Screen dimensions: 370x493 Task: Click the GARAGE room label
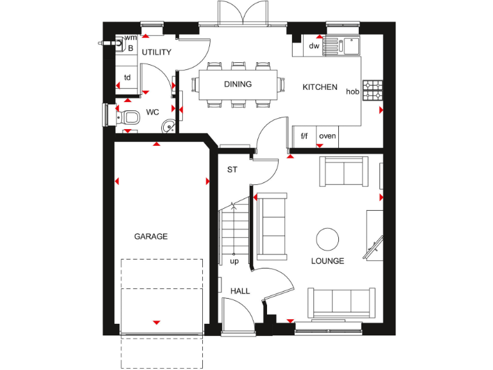pyautogui.click(x=151, y=236)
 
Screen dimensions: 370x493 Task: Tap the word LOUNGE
pyautogui.click(x=327, y=261)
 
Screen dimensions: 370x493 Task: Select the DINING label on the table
pyautogui.click(x=238, y=84)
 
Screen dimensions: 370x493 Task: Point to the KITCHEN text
pyautogui.click(x=320, y=87)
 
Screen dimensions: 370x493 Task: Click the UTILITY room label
pyautogui.click(x=157, y=52)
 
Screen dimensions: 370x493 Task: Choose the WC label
pyautogui.click(x=152, y=112)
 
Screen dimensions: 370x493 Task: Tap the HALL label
pyautogui.click(x=240, y=291)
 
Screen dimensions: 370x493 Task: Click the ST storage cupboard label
pyautogui.click(x=232, y=170)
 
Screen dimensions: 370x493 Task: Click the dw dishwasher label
pyautogui.click(x=314, y=46)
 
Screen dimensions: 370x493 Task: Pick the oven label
pyautogui.click(x=327, y=136)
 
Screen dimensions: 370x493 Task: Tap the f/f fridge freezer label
pyautogui.click(x=304, y=136)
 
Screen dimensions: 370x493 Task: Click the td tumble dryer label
pyautogui.click(x=127, y=78)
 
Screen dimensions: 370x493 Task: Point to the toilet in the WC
pyautogui.click(x=130, y=118)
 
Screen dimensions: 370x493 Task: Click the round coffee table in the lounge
pyautogui.click(x=327, y=239)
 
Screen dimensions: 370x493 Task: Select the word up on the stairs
pyautogui.click(x=234, y=261)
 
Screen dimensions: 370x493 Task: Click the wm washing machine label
pyautogui.click(x=131, y=38)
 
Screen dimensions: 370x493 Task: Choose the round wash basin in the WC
pyautogui.click(x=169, y=126)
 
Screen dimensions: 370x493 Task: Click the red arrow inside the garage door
pyautogui.click(x=156, y=322)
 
